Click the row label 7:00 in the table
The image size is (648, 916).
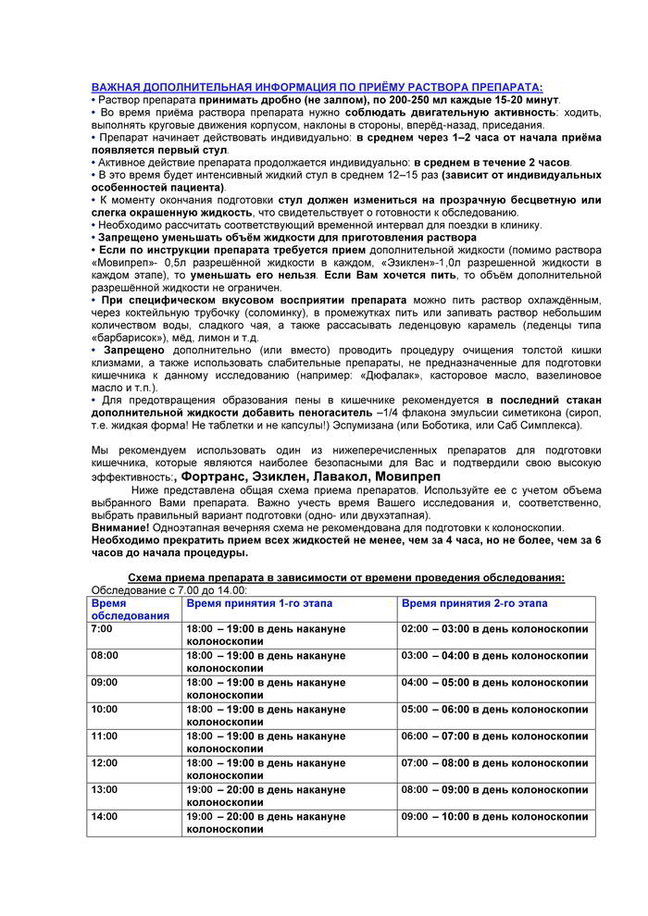[x=102, y=629]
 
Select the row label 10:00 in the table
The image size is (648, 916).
[x=105, y=709]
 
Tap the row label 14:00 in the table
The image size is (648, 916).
[x=105, y=817]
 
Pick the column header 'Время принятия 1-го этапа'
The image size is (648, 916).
[x=259, y=603]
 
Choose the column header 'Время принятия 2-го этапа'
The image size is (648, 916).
[x=474, y=603]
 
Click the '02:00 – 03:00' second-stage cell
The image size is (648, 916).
[x=494, y=629]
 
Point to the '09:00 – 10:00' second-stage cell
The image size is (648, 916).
[x=494, y=817]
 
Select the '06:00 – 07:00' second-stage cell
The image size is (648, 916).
[x=494, y=736]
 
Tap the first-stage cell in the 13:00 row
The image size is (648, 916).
[x=259, y=796]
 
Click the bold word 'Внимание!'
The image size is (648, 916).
[x=120, y=526]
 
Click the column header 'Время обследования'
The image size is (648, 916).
[x=130, y=609]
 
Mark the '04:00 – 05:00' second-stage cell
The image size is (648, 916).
[x=494, y=683]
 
